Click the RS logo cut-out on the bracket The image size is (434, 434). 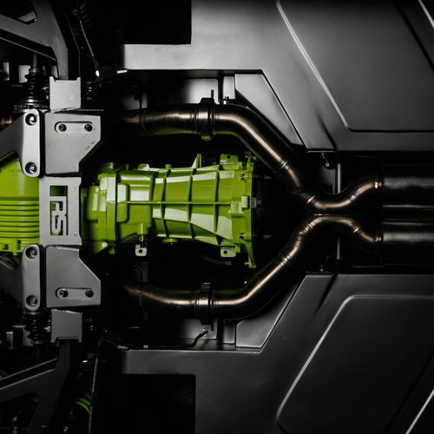[x=59, y=210]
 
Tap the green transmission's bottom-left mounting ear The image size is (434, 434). [x=141, y=250]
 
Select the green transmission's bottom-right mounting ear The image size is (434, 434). [x=228, y=251]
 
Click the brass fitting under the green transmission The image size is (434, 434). [x=141, y=239]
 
